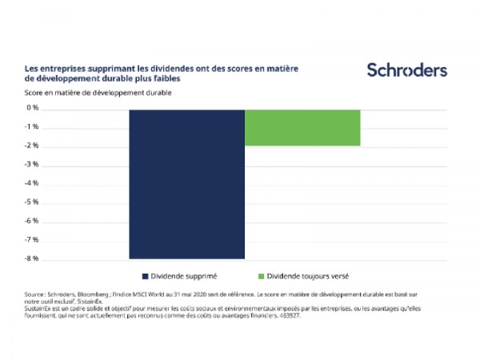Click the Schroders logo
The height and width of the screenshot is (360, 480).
[x=406, y=70]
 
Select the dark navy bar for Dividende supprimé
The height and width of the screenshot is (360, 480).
[x=186, y=183]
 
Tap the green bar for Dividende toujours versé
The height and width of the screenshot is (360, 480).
[x=302, y=127]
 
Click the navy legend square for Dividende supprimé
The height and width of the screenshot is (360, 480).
[x=145, y=275]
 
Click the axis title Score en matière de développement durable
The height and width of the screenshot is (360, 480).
[x=99, y=93]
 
